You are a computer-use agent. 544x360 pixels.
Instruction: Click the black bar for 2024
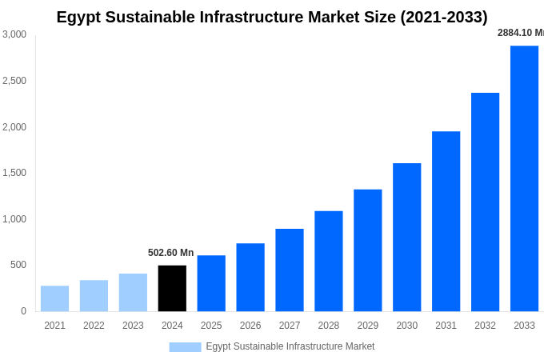[172, 288]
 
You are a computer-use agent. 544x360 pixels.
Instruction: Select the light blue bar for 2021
[54, 298]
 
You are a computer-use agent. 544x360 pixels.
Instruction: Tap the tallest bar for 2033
[524, 178]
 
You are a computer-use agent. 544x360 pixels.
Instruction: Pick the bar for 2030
[406, 237]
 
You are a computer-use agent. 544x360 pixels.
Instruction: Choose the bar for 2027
[290, 270]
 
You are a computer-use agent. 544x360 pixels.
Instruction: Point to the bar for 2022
[94, 295]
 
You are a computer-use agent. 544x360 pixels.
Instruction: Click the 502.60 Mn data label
[170, 253]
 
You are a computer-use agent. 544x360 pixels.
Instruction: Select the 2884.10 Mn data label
[520, 33]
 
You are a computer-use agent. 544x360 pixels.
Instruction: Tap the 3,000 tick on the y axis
[14, 34]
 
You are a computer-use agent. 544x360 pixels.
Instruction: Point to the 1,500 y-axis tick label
[14, 173]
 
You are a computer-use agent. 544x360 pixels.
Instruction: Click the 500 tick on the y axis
[18, 265]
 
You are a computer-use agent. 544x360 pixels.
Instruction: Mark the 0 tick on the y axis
[23, 311]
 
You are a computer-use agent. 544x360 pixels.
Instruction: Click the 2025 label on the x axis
[211, 326]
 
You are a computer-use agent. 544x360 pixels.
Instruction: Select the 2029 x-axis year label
[367, 326]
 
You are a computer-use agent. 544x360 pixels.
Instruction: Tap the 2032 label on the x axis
[485, 326]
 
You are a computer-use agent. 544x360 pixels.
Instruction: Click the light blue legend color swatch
[185, 346]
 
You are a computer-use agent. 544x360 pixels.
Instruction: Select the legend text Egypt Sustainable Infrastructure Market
[290, 346]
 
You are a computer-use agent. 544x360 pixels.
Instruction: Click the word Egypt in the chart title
[79, 17]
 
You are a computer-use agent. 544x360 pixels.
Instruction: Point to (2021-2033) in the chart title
[444, 17]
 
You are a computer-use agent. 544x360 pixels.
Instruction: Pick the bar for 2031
[446, 221]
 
